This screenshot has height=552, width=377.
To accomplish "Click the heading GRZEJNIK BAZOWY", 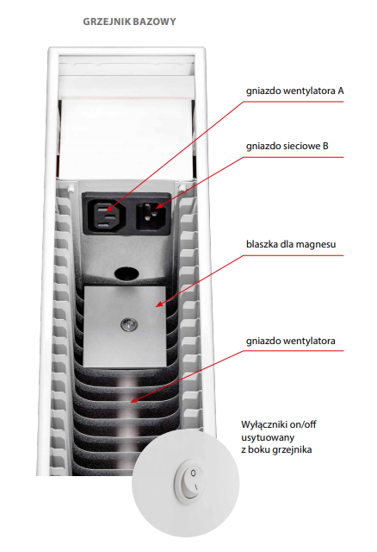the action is (x=129, y=22).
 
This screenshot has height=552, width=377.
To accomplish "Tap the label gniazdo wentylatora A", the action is (x=294, y=91).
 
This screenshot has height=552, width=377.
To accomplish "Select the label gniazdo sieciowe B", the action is (x=287, y=146).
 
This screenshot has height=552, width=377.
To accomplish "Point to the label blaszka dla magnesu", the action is (x=291, y=244).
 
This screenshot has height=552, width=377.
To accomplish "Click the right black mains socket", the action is (x=151, y=215).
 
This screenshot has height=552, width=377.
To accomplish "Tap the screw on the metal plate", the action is (x=129, y=324).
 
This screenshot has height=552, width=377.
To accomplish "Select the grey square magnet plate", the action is (x=125, y=326).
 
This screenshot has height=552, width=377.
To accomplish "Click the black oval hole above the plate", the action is (x=127, y=273).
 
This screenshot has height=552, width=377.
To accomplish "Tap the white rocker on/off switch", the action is (x=189, y=480).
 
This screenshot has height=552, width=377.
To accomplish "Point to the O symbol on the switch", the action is (x=193, y=474).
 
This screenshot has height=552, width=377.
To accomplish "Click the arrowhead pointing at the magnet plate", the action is (x=159, y=304).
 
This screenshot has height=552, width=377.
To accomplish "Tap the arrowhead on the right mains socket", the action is (x=159, y=205).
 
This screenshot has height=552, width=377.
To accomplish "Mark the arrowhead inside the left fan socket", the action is (x=109, y=209).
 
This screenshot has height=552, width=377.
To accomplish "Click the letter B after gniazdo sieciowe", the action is (x=325, y=146).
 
